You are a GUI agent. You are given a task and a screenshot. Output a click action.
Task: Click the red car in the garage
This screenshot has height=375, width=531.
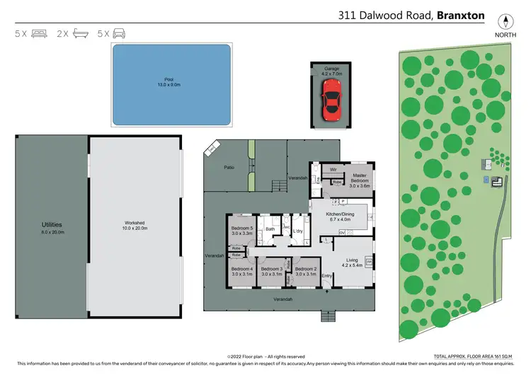click(x=331, y=99)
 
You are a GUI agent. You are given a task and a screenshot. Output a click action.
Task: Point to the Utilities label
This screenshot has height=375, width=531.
click(x=52, y=226)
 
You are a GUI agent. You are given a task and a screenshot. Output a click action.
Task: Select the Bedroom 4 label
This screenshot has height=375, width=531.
click(x=242, y=271)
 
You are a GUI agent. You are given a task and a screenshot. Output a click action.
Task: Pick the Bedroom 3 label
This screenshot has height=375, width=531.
click(x=272, y=271)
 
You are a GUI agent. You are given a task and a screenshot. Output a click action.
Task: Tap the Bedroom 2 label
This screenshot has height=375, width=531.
click(x=306, y=271)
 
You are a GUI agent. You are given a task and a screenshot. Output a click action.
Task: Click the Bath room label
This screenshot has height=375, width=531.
click(x=270, y=229)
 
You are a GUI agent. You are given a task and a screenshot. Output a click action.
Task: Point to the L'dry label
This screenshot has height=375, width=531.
click(x=297, y=230)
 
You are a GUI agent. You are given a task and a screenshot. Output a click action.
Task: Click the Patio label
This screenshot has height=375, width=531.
click(x=228, y=167)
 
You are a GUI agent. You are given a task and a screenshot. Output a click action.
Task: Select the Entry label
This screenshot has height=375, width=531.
click(x=327, y=276)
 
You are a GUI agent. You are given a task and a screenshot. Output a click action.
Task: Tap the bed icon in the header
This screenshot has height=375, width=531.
click(x=39, y=33)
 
